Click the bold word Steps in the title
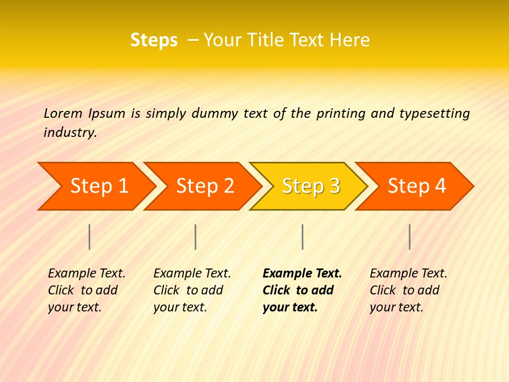[x=154, y=40]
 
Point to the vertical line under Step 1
[x=90, y=237]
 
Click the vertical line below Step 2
[x=196, y=237]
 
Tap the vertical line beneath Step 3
[x=302, y=237]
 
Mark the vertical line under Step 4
[x=409, y=237]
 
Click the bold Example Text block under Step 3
[x=301, y=290]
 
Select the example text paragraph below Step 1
[x=86, y=290]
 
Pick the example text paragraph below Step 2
[x=191, y=290]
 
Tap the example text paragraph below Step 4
[x=408, y=290]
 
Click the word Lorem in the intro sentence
[x=63, y=114]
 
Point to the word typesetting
[x=434, y=114]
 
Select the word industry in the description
[x=69, y=133]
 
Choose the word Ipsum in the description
[x=107, y=114]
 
